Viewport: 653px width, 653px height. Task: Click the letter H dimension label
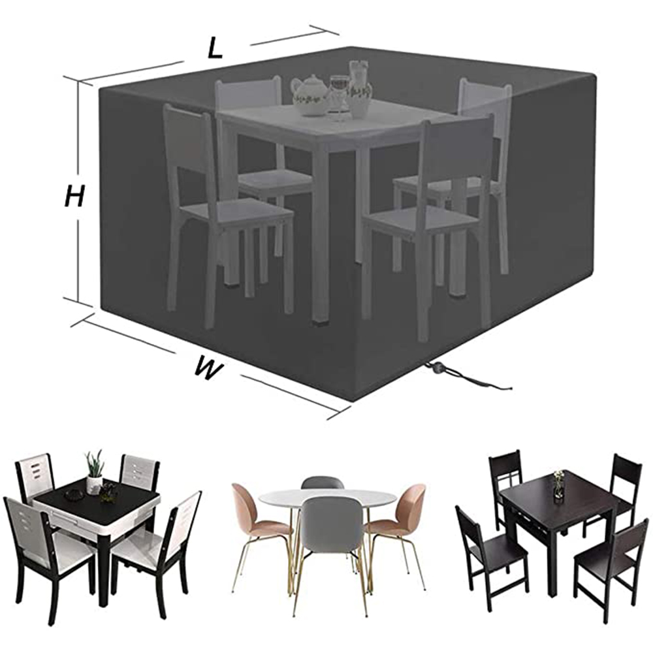(75, 196)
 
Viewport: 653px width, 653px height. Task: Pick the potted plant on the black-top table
(95, 472)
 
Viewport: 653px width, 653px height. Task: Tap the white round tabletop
(327, 498)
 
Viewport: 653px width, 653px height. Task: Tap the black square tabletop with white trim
(99, 498)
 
